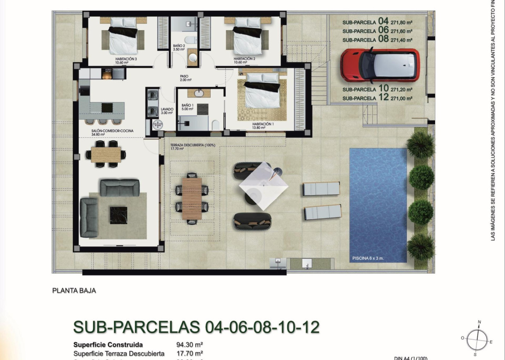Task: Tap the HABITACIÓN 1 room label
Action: click(x=263, y=124)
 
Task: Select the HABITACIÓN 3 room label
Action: click(x=123, y=59)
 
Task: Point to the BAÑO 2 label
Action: click(x=179, y=46)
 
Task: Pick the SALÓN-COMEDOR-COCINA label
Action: click(x=112, y=131)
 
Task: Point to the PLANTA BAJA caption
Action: click(x=74, y=291)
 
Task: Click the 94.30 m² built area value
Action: click(x=189, y=344)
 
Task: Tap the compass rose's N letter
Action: click(x=479, y=322)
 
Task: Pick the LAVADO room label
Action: click(x=167, y=109)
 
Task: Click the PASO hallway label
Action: click(x=184, y=76)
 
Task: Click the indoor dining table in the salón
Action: click(x=106, y=154)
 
